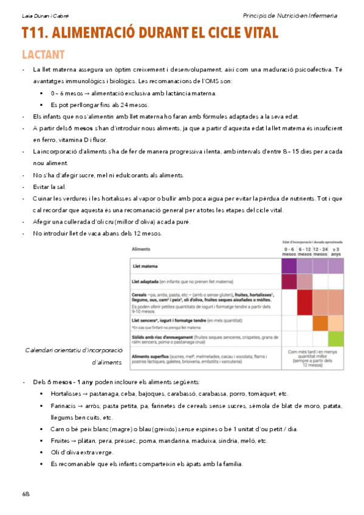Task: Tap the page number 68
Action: [x=26, y=493]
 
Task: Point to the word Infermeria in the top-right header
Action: [x=322, y=16]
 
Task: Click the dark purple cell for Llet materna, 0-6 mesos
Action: [x=289, y=266]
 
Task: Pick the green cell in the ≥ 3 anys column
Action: [x=335, y=339]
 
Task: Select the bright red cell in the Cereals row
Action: [x=304, y=302]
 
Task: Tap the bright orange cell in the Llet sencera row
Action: [x=320, y=323]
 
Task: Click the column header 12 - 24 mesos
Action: [x=320, y=251]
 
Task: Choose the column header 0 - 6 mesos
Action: [x=289, y=251]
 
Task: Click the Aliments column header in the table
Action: [x=141, y=250]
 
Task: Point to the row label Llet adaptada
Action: [x=145, y=282]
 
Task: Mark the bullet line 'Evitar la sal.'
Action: [x=50, y=187]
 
